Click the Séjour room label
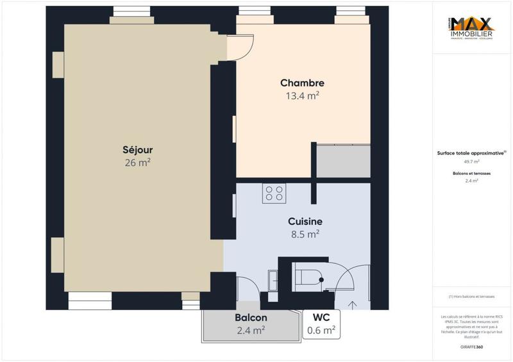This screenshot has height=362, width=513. click(x=137, y=150)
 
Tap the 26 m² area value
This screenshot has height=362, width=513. click(x=137, y=163)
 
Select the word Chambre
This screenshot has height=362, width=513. click(x=302, y=83)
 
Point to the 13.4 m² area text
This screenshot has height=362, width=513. click(x=302, y=96)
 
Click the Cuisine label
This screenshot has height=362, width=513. click(x=305, y=221)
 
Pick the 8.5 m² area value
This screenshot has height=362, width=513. click(x=305, y=234)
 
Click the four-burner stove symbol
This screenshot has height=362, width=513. click(x=274, y=193)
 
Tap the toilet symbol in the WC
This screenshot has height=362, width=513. click(x=308, y=277)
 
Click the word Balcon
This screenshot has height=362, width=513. click(x=251, y=318)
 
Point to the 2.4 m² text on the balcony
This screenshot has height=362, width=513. click(x=251, y=331)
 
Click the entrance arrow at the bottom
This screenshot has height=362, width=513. click(x=351, y=304)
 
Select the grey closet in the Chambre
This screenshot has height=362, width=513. click(x=344, y=161)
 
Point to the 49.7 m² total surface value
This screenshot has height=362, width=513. click(x=472, y=161)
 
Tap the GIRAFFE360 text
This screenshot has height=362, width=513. click(x=472, y=347)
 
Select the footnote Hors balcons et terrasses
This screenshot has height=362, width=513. click(x=472, y=297)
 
